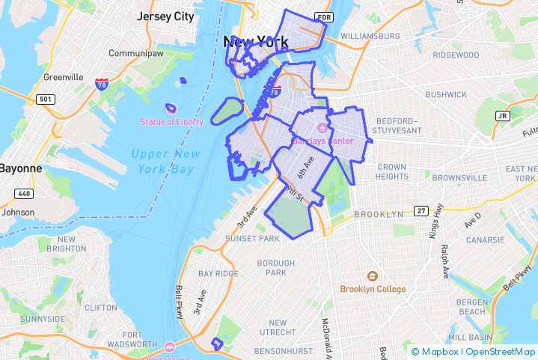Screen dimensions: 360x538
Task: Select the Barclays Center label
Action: click(323, 141)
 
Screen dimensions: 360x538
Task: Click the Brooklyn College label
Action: click(373, 289)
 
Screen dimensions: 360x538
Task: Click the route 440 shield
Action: click(24, 193)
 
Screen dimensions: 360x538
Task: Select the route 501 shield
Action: click(46, 99)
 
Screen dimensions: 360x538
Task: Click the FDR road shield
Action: click(323, 16)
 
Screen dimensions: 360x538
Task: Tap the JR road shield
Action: click(502, 116)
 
